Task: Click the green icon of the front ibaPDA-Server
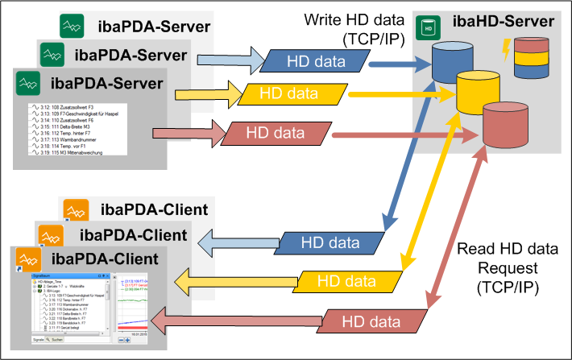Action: [x=29, y=82]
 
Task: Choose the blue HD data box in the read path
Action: [x=330, y=242]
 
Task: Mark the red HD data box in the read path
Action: [x=371, y=321]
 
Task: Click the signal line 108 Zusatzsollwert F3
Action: [x=72, y=107]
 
